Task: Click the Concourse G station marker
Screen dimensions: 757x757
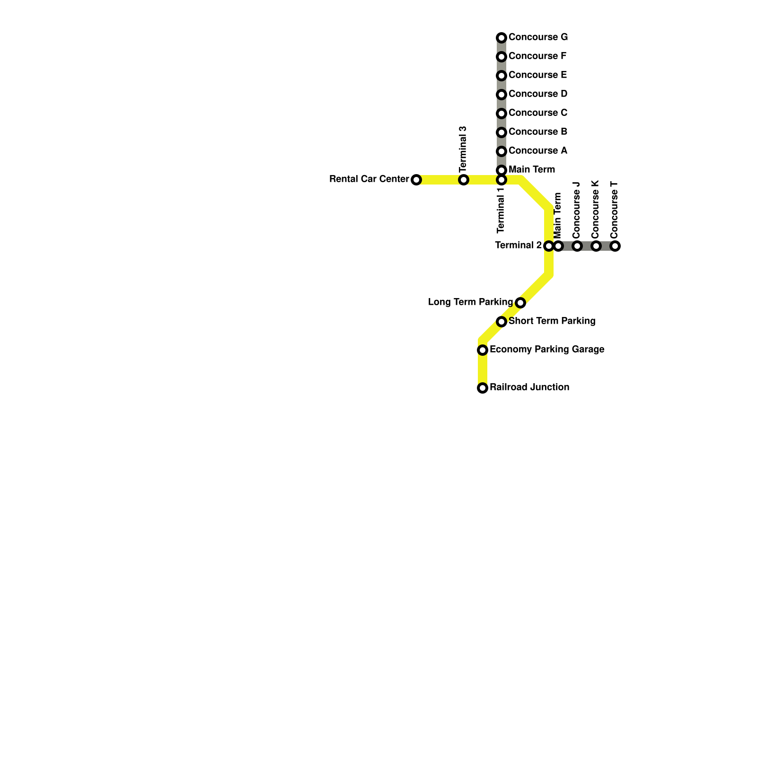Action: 502,38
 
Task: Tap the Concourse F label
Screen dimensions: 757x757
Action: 537,56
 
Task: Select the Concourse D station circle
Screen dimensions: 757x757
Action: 502,95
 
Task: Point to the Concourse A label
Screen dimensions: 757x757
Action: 538,151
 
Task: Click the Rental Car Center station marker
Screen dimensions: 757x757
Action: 416,180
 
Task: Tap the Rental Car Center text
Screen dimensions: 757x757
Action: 369,179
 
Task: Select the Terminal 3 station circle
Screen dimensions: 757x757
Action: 464,180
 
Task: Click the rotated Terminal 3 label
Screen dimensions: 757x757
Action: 463,149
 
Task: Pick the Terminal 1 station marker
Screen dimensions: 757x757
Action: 502,180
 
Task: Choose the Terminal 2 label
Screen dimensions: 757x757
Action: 519,246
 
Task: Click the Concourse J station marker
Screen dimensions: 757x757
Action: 577,246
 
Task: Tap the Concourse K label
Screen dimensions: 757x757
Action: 596,210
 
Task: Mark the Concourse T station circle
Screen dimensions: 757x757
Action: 615,246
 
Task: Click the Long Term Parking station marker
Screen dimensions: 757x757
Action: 520,303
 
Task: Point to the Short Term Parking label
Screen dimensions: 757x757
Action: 552,321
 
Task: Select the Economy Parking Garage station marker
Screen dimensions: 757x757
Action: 483,350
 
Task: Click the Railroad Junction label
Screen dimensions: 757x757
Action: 529,387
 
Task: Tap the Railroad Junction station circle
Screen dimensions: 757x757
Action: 483,388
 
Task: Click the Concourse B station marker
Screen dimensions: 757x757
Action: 502,132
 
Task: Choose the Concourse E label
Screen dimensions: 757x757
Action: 538,75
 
